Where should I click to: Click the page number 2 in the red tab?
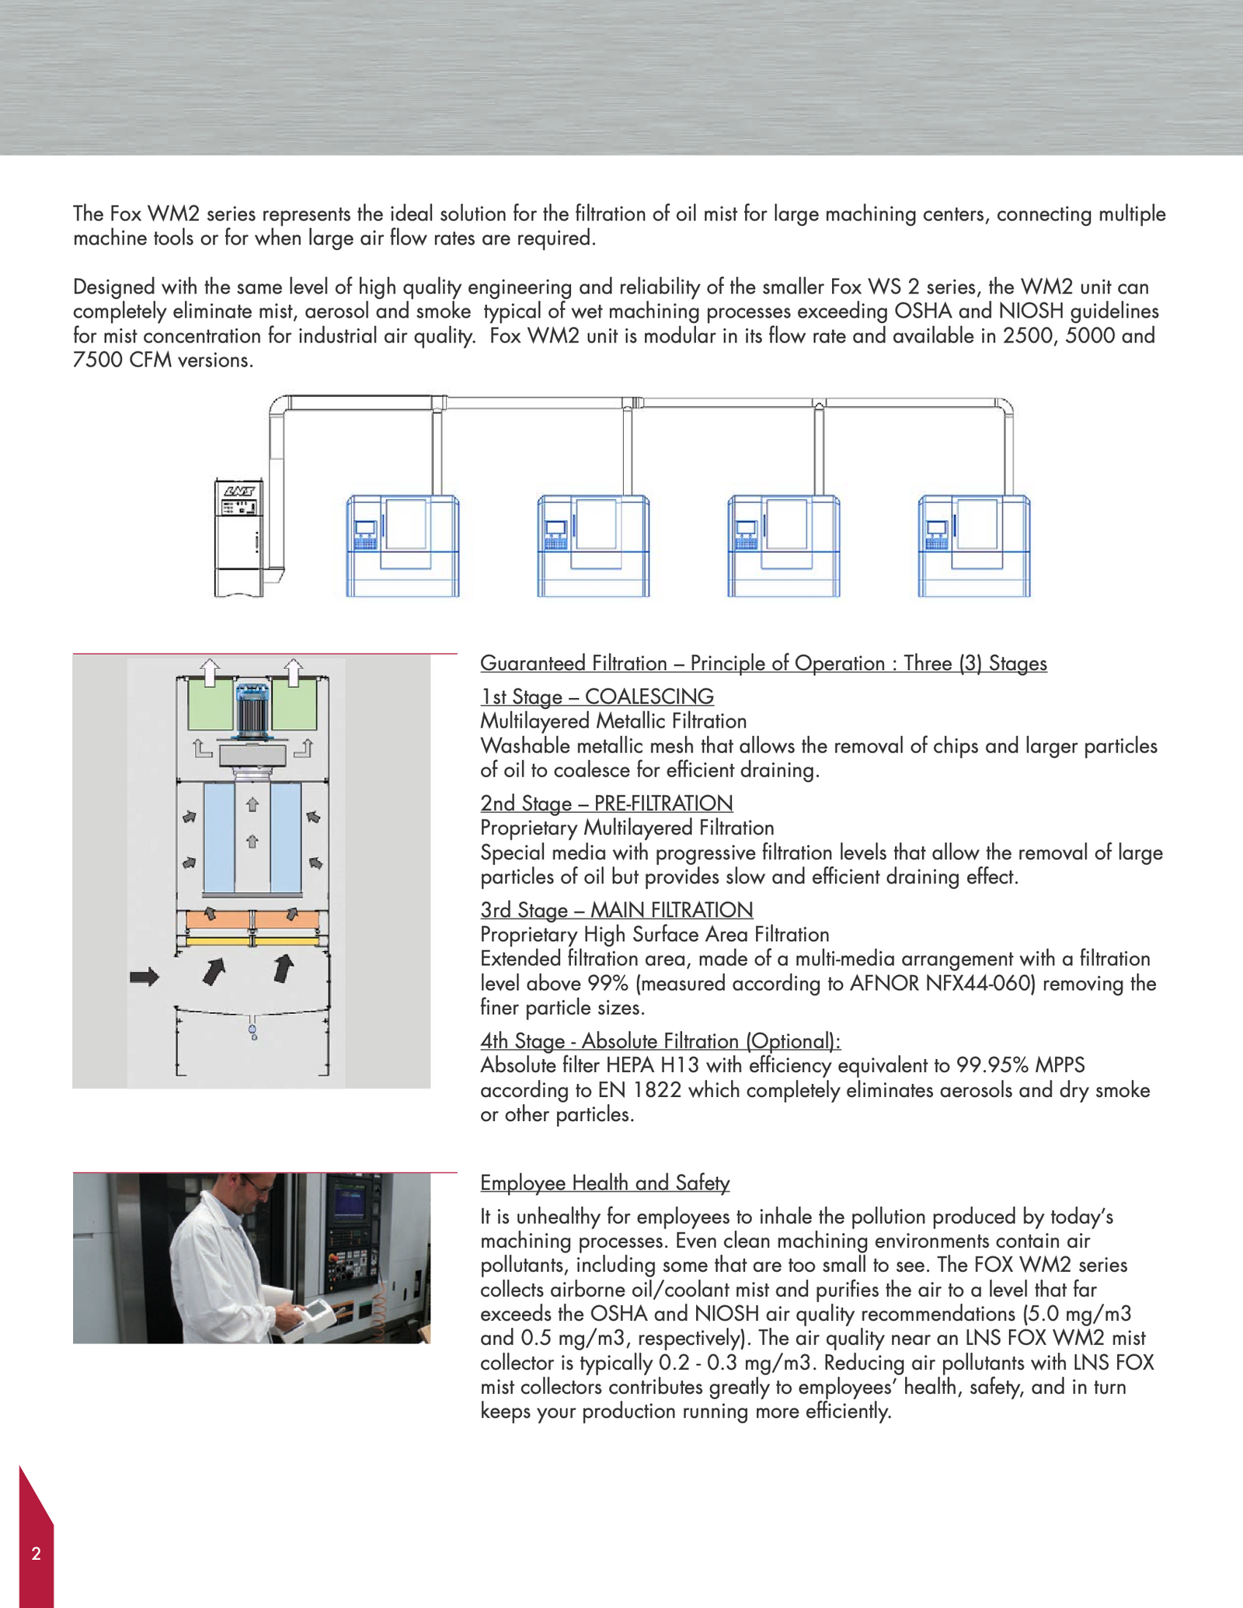pos(36,1553)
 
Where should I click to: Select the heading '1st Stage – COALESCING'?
pos(597,696)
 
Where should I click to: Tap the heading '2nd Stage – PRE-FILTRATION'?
pos(606,803)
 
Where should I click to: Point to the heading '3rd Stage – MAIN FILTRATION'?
pos(616,909)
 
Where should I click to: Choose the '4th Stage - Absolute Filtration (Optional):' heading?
pos(660,1040)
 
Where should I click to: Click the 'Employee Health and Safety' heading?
pos(604,1183)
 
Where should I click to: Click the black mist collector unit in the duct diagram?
pos(239,537)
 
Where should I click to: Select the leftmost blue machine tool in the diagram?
pos(402,546)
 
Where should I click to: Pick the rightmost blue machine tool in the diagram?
pos(973,546)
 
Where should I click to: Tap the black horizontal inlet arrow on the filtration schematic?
pos(144,976)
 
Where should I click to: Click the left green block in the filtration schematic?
pos(210,703)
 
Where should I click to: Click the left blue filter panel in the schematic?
pos(218,838)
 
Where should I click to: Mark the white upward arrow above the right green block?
pos(293,672)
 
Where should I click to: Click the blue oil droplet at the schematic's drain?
pos(252,1031)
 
